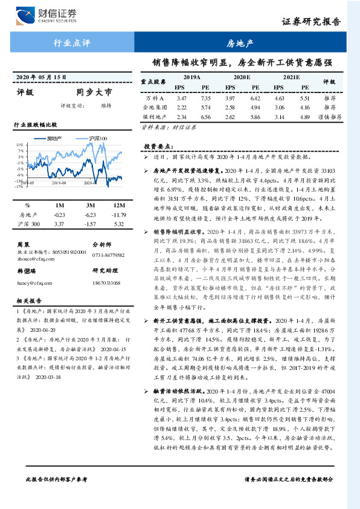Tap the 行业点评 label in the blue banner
pos(68,43)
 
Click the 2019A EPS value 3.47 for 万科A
pos(181,97)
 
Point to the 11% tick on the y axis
pos(21,145)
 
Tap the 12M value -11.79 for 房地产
pos(118,215)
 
